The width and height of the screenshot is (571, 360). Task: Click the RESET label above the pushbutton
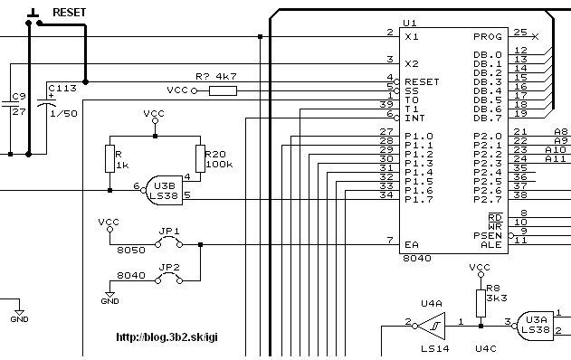[69, 13]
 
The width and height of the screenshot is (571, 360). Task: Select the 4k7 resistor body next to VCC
[223, 91]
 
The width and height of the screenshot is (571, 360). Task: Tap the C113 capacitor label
[62, 88]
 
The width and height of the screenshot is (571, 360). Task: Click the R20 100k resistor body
[200, 158]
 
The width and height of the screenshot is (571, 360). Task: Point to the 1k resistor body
[110, 158]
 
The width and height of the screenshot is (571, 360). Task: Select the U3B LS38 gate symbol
[164, 191]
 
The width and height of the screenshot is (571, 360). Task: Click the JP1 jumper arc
[168, 239]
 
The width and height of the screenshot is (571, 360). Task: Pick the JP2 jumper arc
[168, 276]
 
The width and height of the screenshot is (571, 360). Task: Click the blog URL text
[167, 337]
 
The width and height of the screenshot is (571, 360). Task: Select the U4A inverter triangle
[431, 327]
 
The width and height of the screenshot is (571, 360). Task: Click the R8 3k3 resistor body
[481, 304]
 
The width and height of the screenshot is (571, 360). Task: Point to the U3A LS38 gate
[535, 326]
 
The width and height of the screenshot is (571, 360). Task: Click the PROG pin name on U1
[488, 37]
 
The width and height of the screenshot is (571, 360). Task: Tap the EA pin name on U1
[412, 244]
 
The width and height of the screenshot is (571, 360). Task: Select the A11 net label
[556, 158]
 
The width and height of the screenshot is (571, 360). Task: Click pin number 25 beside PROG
[520, 32]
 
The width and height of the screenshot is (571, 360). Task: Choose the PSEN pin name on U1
[488, 235]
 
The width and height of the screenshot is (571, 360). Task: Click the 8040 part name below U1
[417, 259]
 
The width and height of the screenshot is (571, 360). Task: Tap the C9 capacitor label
[19, 97]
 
